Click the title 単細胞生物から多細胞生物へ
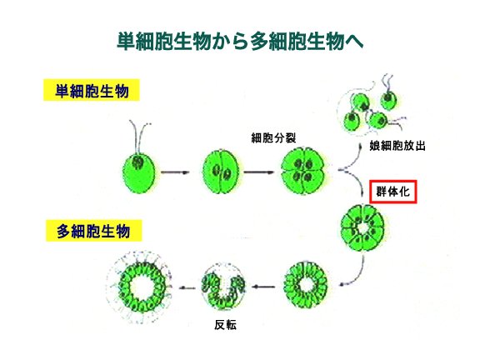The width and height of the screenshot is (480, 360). point(240,41)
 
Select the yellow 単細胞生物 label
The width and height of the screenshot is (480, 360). point(92,90)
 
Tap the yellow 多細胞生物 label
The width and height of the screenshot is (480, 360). point(93,231)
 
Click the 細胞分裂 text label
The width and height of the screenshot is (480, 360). point(273,138)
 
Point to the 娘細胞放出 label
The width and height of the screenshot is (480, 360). point(397,145)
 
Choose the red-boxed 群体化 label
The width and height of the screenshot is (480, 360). point(393,192)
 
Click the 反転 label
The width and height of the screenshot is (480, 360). point(225,325)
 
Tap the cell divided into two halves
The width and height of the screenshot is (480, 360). point(221,172)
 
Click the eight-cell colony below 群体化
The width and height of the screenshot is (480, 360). point(362,228)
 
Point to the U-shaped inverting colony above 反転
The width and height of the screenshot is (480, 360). point(223,287)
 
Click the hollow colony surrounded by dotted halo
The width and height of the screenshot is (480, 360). point(139,287)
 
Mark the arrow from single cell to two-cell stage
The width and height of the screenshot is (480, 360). point(175,172)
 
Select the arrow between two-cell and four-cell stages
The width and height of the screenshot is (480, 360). point(258,172)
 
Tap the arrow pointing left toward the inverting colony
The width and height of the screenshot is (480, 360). point(263,287)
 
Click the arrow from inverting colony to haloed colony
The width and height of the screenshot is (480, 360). point(187,287)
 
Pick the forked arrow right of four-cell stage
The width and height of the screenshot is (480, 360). point(351,171)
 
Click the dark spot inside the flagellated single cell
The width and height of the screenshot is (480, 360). point(137,162)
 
